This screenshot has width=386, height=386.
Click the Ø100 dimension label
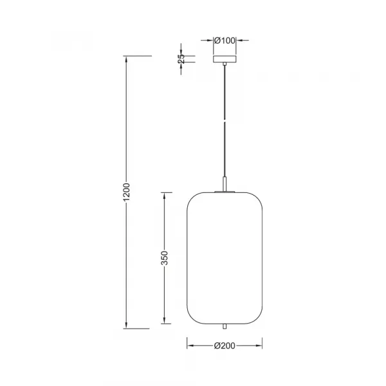pos(224,41)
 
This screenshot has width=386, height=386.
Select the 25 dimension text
pos(181,57)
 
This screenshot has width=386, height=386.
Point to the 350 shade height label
pos(165,257)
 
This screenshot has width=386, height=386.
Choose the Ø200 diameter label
pos(224,345)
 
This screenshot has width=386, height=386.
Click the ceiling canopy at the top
pos(224,59)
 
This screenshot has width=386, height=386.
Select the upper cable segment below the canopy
pos(224,90)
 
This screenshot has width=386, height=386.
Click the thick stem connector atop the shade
pos(224,185)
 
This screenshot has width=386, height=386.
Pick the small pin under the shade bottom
pos(224,327)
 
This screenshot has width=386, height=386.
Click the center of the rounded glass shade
pos(224,257)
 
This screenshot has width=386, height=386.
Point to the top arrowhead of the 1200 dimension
pos(127,60)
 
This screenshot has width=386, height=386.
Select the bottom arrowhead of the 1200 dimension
pos(127,325)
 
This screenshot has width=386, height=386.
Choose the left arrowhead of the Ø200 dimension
pos(190,345)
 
